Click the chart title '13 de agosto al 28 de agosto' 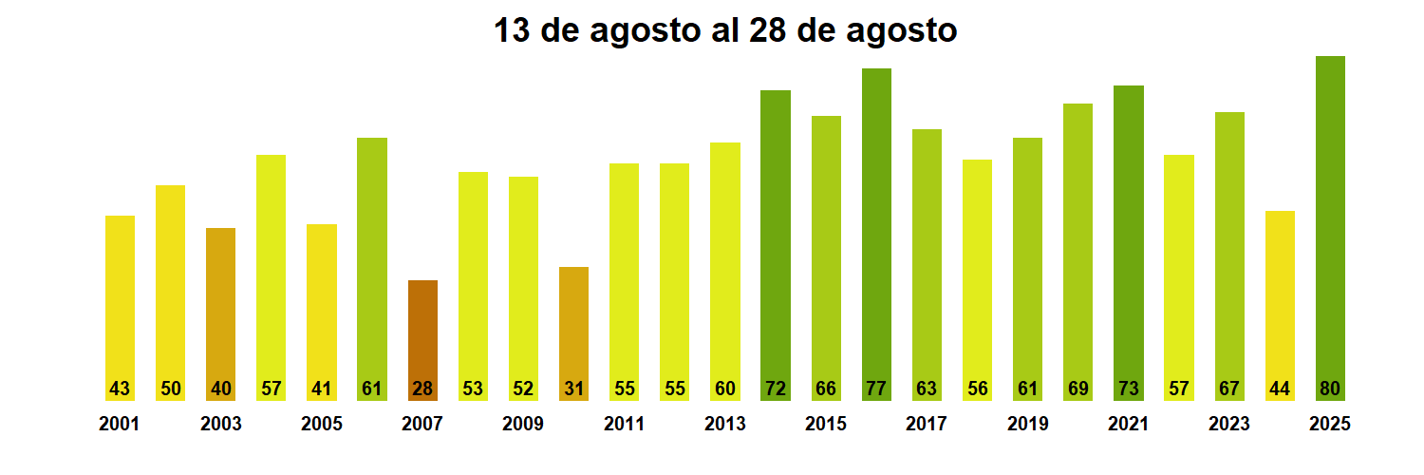tap(725, 31)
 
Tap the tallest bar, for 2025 tap(1330, 228)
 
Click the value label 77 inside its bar tap(876, 389)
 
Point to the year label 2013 tap(725, 425)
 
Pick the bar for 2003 tap(220, 313)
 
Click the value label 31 tap(573, 389)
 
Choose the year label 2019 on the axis tap(1028, 425)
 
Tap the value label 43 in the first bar tap(120, 389)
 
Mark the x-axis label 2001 tap(120, 425)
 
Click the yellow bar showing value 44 tap(1280, 304)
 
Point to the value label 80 tap(1330, 389)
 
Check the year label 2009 tap(523, 425)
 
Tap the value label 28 tap(422, 389)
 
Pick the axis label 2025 tap(1330, 425)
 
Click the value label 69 tap(1078, 389)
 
